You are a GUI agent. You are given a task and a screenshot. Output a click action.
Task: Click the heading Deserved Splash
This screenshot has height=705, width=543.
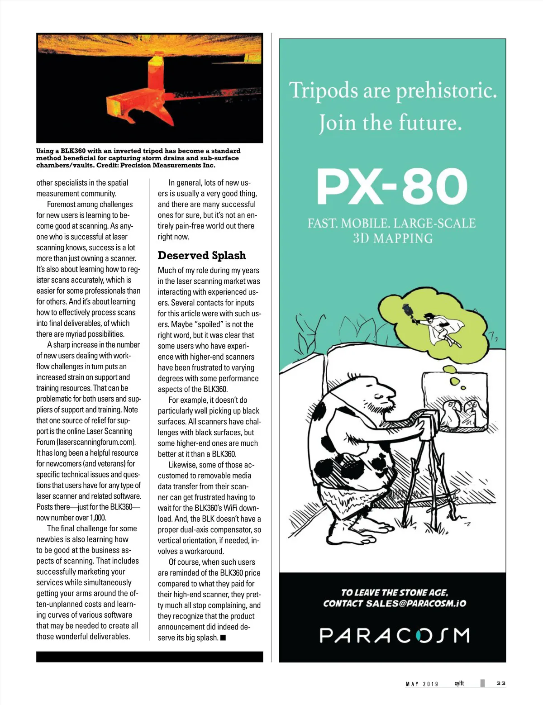[202, 256]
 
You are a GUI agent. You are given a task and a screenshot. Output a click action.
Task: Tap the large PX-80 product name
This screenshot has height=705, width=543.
[392, 186]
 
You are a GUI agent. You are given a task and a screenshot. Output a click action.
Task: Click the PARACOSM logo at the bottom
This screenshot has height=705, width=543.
[394, 635]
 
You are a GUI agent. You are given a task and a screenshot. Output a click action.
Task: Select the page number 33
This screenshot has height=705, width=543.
[500, 683]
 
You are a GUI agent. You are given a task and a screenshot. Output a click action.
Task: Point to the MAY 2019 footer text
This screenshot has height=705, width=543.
[422, 684]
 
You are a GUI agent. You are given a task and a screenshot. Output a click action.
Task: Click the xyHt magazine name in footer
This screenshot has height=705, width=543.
[459, 683]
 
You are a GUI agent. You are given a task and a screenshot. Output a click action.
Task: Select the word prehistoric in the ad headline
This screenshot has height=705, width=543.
[447, 91]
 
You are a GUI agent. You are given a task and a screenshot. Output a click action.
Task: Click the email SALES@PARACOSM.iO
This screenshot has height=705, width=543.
[416, 604]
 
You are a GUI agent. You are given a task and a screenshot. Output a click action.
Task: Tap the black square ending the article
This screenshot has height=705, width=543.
[223, 638]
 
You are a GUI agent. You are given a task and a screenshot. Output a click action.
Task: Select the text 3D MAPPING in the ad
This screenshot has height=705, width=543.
[393, 238]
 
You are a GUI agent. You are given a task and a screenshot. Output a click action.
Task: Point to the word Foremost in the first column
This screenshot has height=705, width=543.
[62, 205]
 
